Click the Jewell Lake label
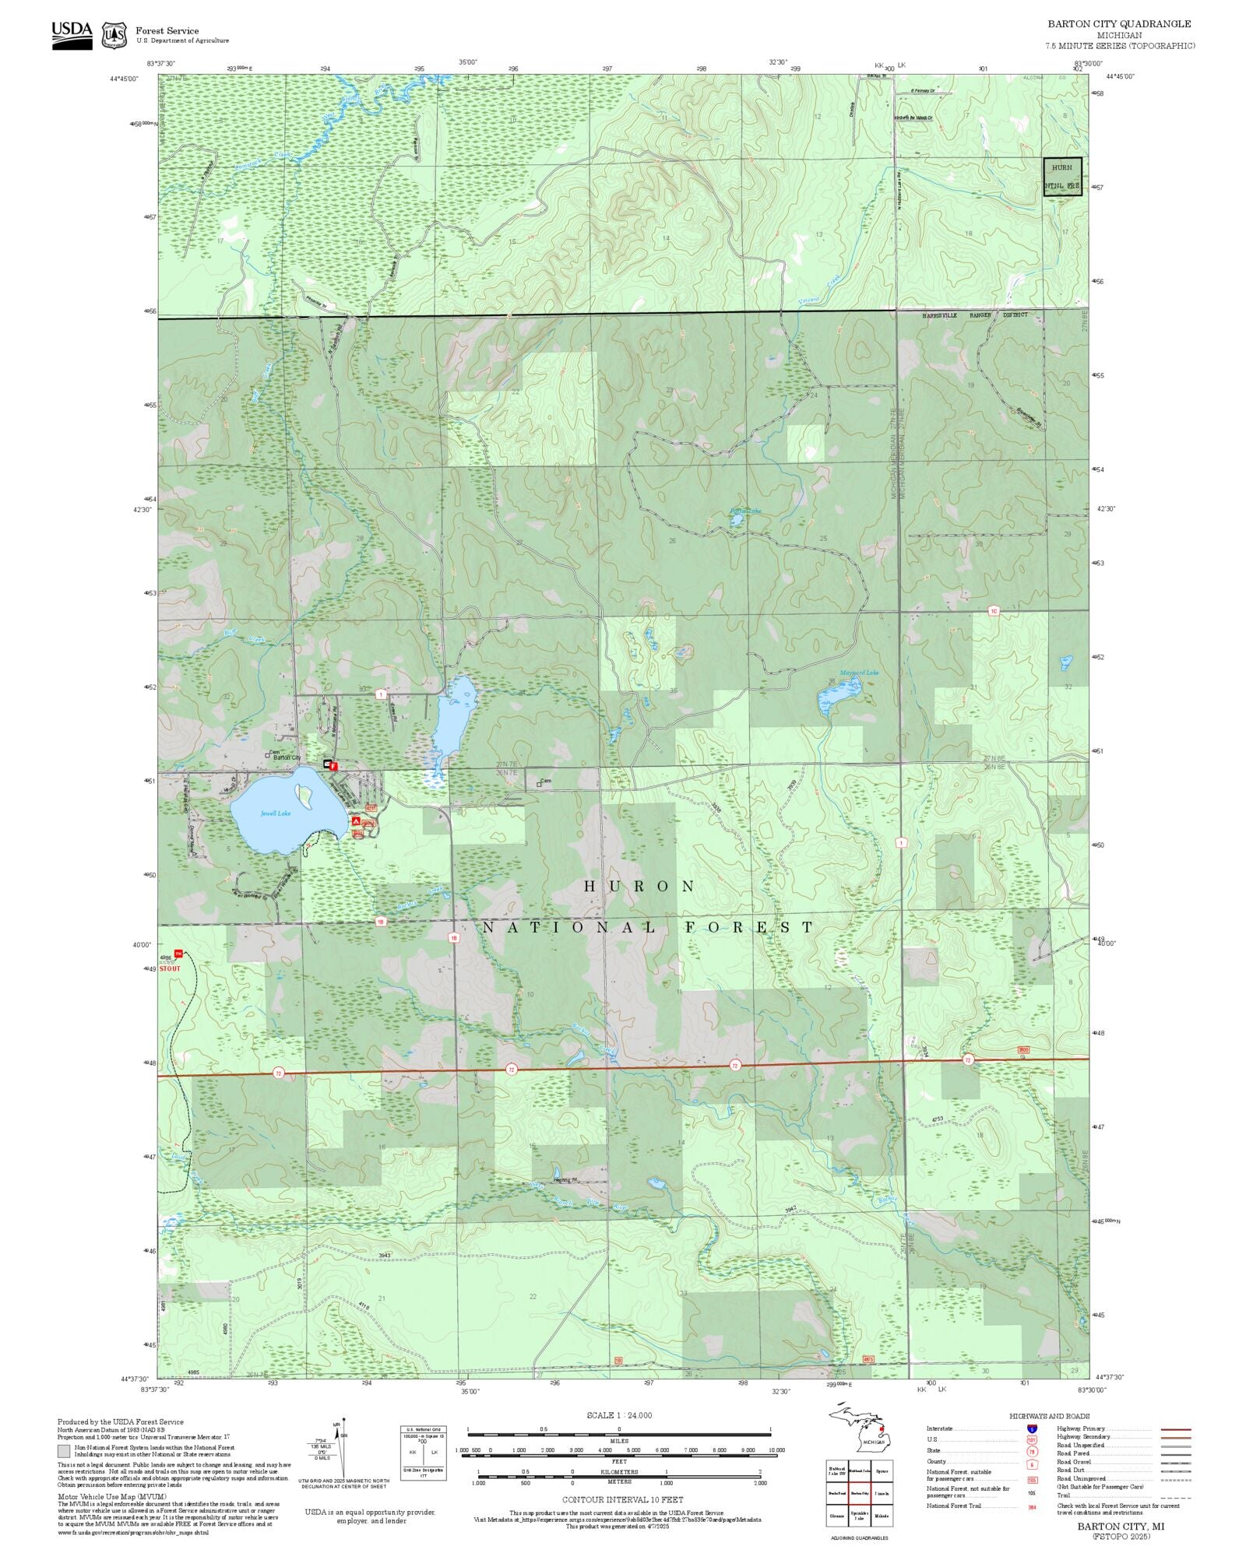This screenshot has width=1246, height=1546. click(276, 813)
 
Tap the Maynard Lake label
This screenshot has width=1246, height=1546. click(859, 673)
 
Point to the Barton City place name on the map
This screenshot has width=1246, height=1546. click(286, 757)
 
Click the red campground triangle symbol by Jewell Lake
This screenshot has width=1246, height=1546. click(356, 820)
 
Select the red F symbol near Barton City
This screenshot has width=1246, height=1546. click(333, 766)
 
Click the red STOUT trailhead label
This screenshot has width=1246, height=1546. click(170, 968)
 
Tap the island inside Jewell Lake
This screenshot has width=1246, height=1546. click(304, 795)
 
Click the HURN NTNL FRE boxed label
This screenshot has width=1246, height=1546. click(1062, 177)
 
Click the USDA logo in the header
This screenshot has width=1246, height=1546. click(72, 35)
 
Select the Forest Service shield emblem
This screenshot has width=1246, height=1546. click(114, 35)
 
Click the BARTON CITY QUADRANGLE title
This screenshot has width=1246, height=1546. click(1118, 24)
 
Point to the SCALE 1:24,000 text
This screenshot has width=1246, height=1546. click(619, 1415)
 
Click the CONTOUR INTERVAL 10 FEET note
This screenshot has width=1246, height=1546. click(622, 1499)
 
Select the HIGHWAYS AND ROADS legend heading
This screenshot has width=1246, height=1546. click(1049, 1416)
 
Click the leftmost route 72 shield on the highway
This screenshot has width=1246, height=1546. click(279, 1073)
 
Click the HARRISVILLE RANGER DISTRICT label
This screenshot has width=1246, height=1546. click(975, 315)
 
